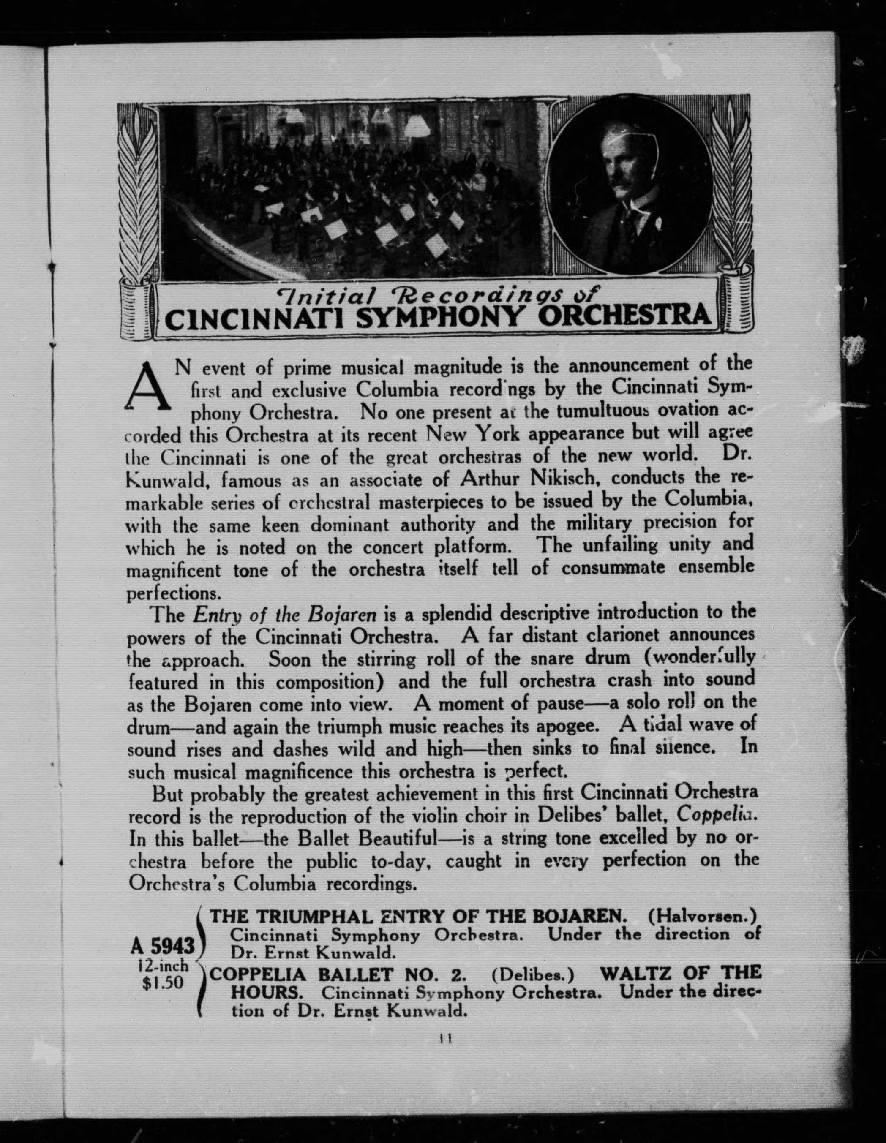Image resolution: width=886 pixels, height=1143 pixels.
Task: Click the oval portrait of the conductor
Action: coord(631,185)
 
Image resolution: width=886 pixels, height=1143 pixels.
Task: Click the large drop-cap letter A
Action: coord(149,387)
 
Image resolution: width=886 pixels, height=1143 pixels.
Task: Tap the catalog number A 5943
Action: coord(163,945)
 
